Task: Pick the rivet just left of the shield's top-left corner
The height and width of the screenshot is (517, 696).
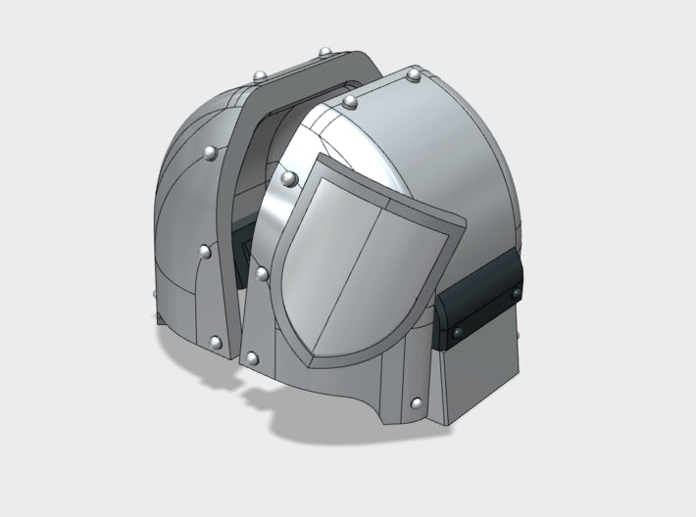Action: [x=289, y=178]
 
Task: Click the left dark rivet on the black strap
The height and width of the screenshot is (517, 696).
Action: [x=458, y=335]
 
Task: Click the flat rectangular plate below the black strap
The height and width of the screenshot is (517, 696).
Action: [x=480, y=372]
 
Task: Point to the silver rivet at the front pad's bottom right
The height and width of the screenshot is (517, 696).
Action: [x=419, y=402]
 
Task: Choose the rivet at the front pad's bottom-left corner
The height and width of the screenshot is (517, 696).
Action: [x=253, y=359]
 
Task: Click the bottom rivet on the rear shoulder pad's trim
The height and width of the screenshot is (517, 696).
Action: [x=215, y=342]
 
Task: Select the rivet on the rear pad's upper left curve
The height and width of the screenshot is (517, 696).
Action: [x=209, y=153]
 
